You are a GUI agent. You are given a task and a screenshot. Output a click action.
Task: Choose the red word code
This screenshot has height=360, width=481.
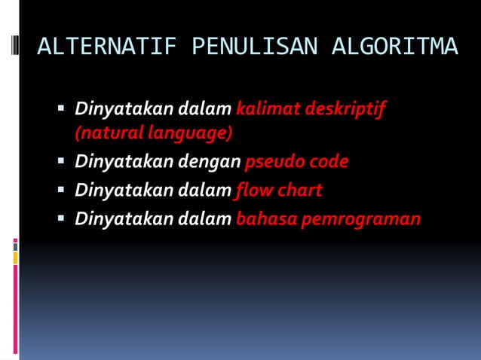coord(328,162)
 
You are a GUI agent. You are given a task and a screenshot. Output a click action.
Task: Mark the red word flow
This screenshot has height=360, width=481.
coord(253,190)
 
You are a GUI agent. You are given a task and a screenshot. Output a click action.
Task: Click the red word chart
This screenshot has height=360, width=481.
coord(299,190)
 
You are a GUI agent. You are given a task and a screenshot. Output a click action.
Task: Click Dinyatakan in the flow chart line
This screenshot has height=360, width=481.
coord(123,191)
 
